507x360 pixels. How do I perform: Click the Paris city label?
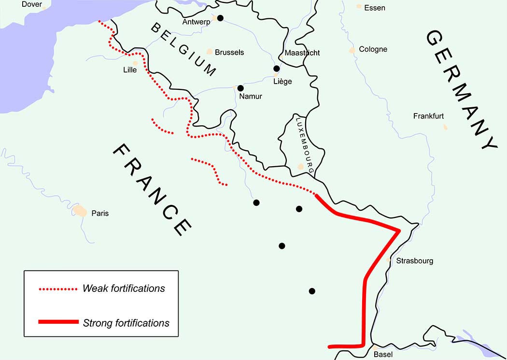(100, 213)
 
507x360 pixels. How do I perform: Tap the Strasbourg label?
(414, 261)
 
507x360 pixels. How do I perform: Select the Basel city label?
(383, 354)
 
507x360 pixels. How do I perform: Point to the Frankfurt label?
(428, 116)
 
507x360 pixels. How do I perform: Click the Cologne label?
(373, 49)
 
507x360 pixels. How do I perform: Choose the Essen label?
(375, 8)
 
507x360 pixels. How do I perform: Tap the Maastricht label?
(302, 53)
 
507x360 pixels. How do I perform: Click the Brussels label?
(229, 52)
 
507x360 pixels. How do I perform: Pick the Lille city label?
(130, 70)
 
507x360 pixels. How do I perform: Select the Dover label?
(32, 4)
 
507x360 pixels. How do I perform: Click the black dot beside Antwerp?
(220, 18)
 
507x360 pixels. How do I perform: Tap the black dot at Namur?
(240, 88)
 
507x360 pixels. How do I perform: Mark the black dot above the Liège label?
(277, 69)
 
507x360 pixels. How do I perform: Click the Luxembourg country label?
(305, 145)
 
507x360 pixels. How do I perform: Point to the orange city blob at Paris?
(80, 211)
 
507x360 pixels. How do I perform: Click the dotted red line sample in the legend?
(58, 289)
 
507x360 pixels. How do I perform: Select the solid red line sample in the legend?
(58, 322)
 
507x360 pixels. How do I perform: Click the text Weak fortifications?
(124, 288)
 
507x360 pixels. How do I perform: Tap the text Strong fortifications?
(126, 323)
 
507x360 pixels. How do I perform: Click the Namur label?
(251, 96)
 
